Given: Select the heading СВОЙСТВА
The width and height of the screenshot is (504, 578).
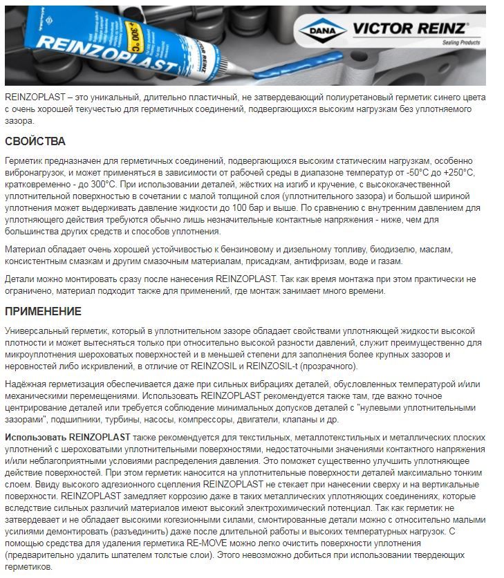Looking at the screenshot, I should click(36, 142).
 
